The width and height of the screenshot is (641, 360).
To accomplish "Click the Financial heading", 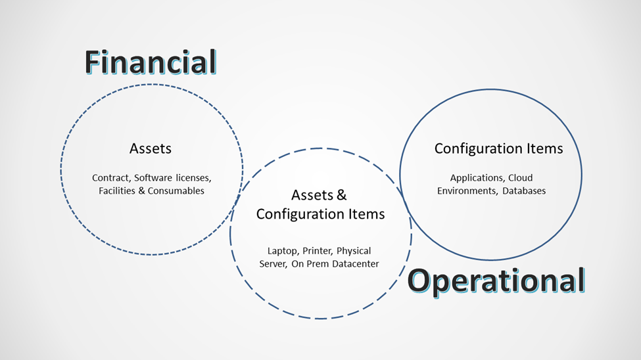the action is pos(151,62).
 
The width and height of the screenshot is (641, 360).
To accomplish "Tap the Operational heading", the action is pos(496,281).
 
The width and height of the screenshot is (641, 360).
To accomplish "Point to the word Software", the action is pos(153,178).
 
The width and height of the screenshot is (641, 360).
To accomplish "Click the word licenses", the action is pos(194,178).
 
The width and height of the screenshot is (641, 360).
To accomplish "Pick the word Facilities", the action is pos(117,191).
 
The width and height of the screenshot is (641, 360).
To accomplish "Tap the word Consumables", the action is pos(176,191).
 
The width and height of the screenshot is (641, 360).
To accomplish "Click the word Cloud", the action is pos(521,178).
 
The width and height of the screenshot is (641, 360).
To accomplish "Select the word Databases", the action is pos(524,191).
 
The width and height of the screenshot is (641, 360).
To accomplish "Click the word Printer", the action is pos(318,251).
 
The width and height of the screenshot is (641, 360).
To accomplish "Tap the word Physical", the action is pos(354,251).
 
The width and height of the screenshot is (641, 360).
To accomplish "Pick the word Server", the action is pos(273,264).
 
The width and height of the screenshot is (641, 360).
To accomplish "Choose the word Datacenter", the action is pos(355,264).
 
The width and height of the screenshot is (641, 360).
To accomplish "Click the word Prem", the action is pos(318,264).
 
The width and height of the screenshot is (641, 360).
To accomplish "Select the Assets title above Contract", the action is pos(151,148).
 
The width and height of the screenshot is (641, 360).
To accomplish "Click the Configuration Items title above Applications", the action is pos(499,148).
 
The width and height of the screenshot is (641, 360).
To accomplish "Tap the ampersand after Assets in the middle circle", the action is pos(341,195).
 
